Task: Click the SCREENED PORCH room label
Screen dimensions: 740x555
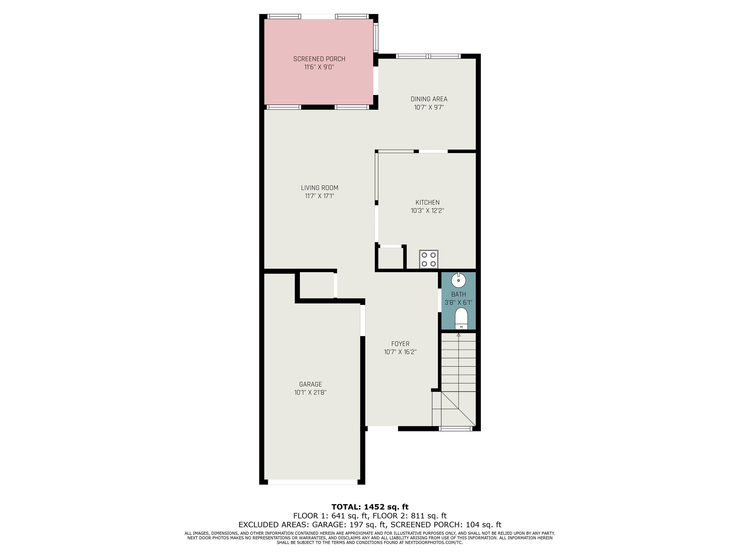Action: point(319,59)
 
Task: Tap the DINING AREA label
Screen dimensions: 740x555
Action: point(429,99)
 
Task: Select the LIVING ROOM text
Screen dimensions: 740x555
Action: point(319,188)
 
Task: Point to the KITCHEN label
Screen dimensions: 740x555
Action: point(428,202)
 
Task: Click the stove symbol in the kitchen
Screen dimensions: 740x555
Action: point(429,259)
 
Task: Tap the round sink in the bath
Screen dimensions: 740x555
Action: point(458,280)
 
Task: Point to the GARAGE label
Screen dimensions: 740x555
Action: point(311,384)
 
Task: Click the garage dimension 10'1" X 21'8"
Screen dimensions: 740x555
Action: point(311,392)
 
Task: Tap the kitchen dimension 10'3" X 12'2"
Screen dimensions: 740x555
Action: point(428,211)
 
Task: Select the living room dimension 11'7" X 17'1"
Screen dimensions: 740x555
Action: point(319,196)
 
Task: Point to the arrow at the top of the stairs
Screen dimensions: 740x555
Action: point(458,335)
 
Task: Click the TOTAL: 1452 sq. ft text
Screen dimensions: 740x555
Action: point(370,507)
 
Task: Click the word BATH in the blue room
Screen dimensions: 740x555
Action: point(458,294)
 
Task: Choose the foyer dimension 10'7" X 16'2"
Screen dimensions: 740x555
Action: point(400,352)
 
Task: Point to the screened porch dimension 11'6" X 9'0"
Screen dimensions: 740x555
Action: point(319,67)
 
